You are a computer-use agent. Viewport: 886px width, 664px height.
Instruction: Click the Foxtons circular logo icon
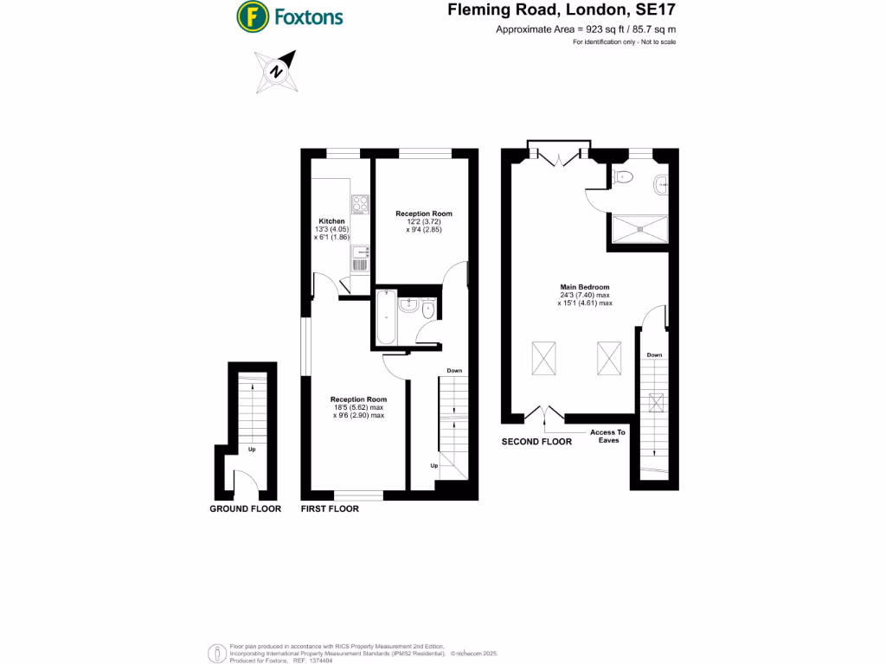(252, 16)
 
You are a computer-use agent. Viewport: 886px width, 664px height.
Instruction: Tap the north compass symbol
(276, 72)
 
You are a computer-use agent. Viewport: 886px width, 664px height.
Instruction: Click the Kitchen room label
(331, 221)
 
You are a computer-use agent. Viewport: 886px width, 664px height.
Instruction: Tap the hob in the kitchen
(360, 204)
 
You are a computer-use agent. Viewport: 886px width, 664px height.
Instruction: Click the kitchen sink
(360, 257)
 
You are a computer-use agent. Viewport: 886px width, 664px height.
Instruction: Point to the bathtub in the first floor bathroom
(386, 317)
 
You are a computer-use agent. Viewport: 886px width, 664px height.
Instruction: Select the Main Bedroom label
(585, 287)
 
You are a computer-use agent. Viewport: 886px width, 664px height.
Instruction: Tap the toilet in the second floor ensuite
(622, 177)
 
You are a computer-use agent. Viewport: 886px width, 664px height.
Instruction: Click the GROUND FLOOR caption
(245, 509)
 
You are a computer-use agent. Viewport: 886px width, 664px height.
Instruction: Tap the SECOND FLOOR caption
(536, 442)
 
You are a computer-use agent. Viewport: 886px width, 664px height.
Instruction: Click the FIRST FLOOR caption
(330, 509)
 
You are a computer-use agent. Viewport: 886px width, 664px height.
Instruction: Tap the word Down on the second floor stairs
(654, 355)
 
